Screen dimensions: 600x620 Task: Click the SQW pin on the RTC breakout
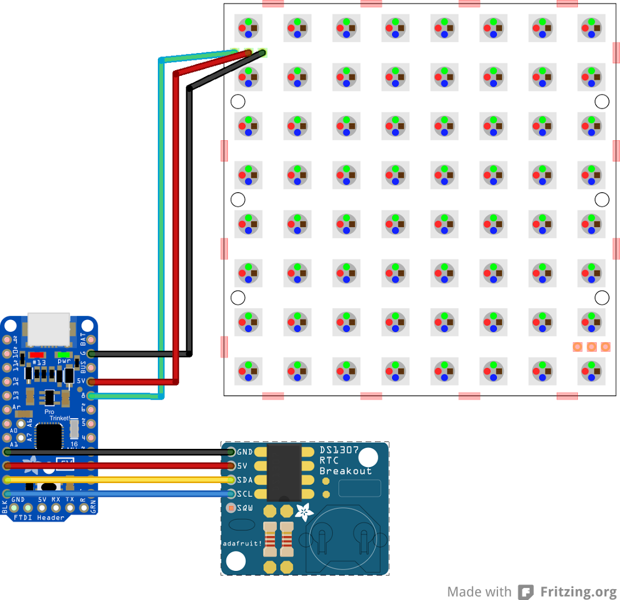click(231, 507)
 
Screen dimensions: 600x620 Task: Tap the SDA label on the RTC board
click(245, 480)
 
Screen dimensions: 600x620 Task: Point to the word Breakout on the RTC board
click(345, 471)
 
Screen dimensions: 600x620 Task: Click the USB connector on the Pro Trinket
click(49, 329)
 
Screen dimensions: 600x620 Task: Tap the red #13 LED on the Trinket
click(38, 354)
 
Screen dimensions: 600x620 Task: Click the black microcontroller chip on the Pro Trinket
click(49, 437)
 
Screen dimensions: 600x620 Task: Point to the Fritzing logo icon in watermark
click(525, 591)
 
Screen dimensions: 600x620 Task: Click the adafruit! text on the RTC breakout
click(242, 543)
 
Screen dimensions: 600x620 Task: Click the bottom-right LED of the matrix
click(592, 371)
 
